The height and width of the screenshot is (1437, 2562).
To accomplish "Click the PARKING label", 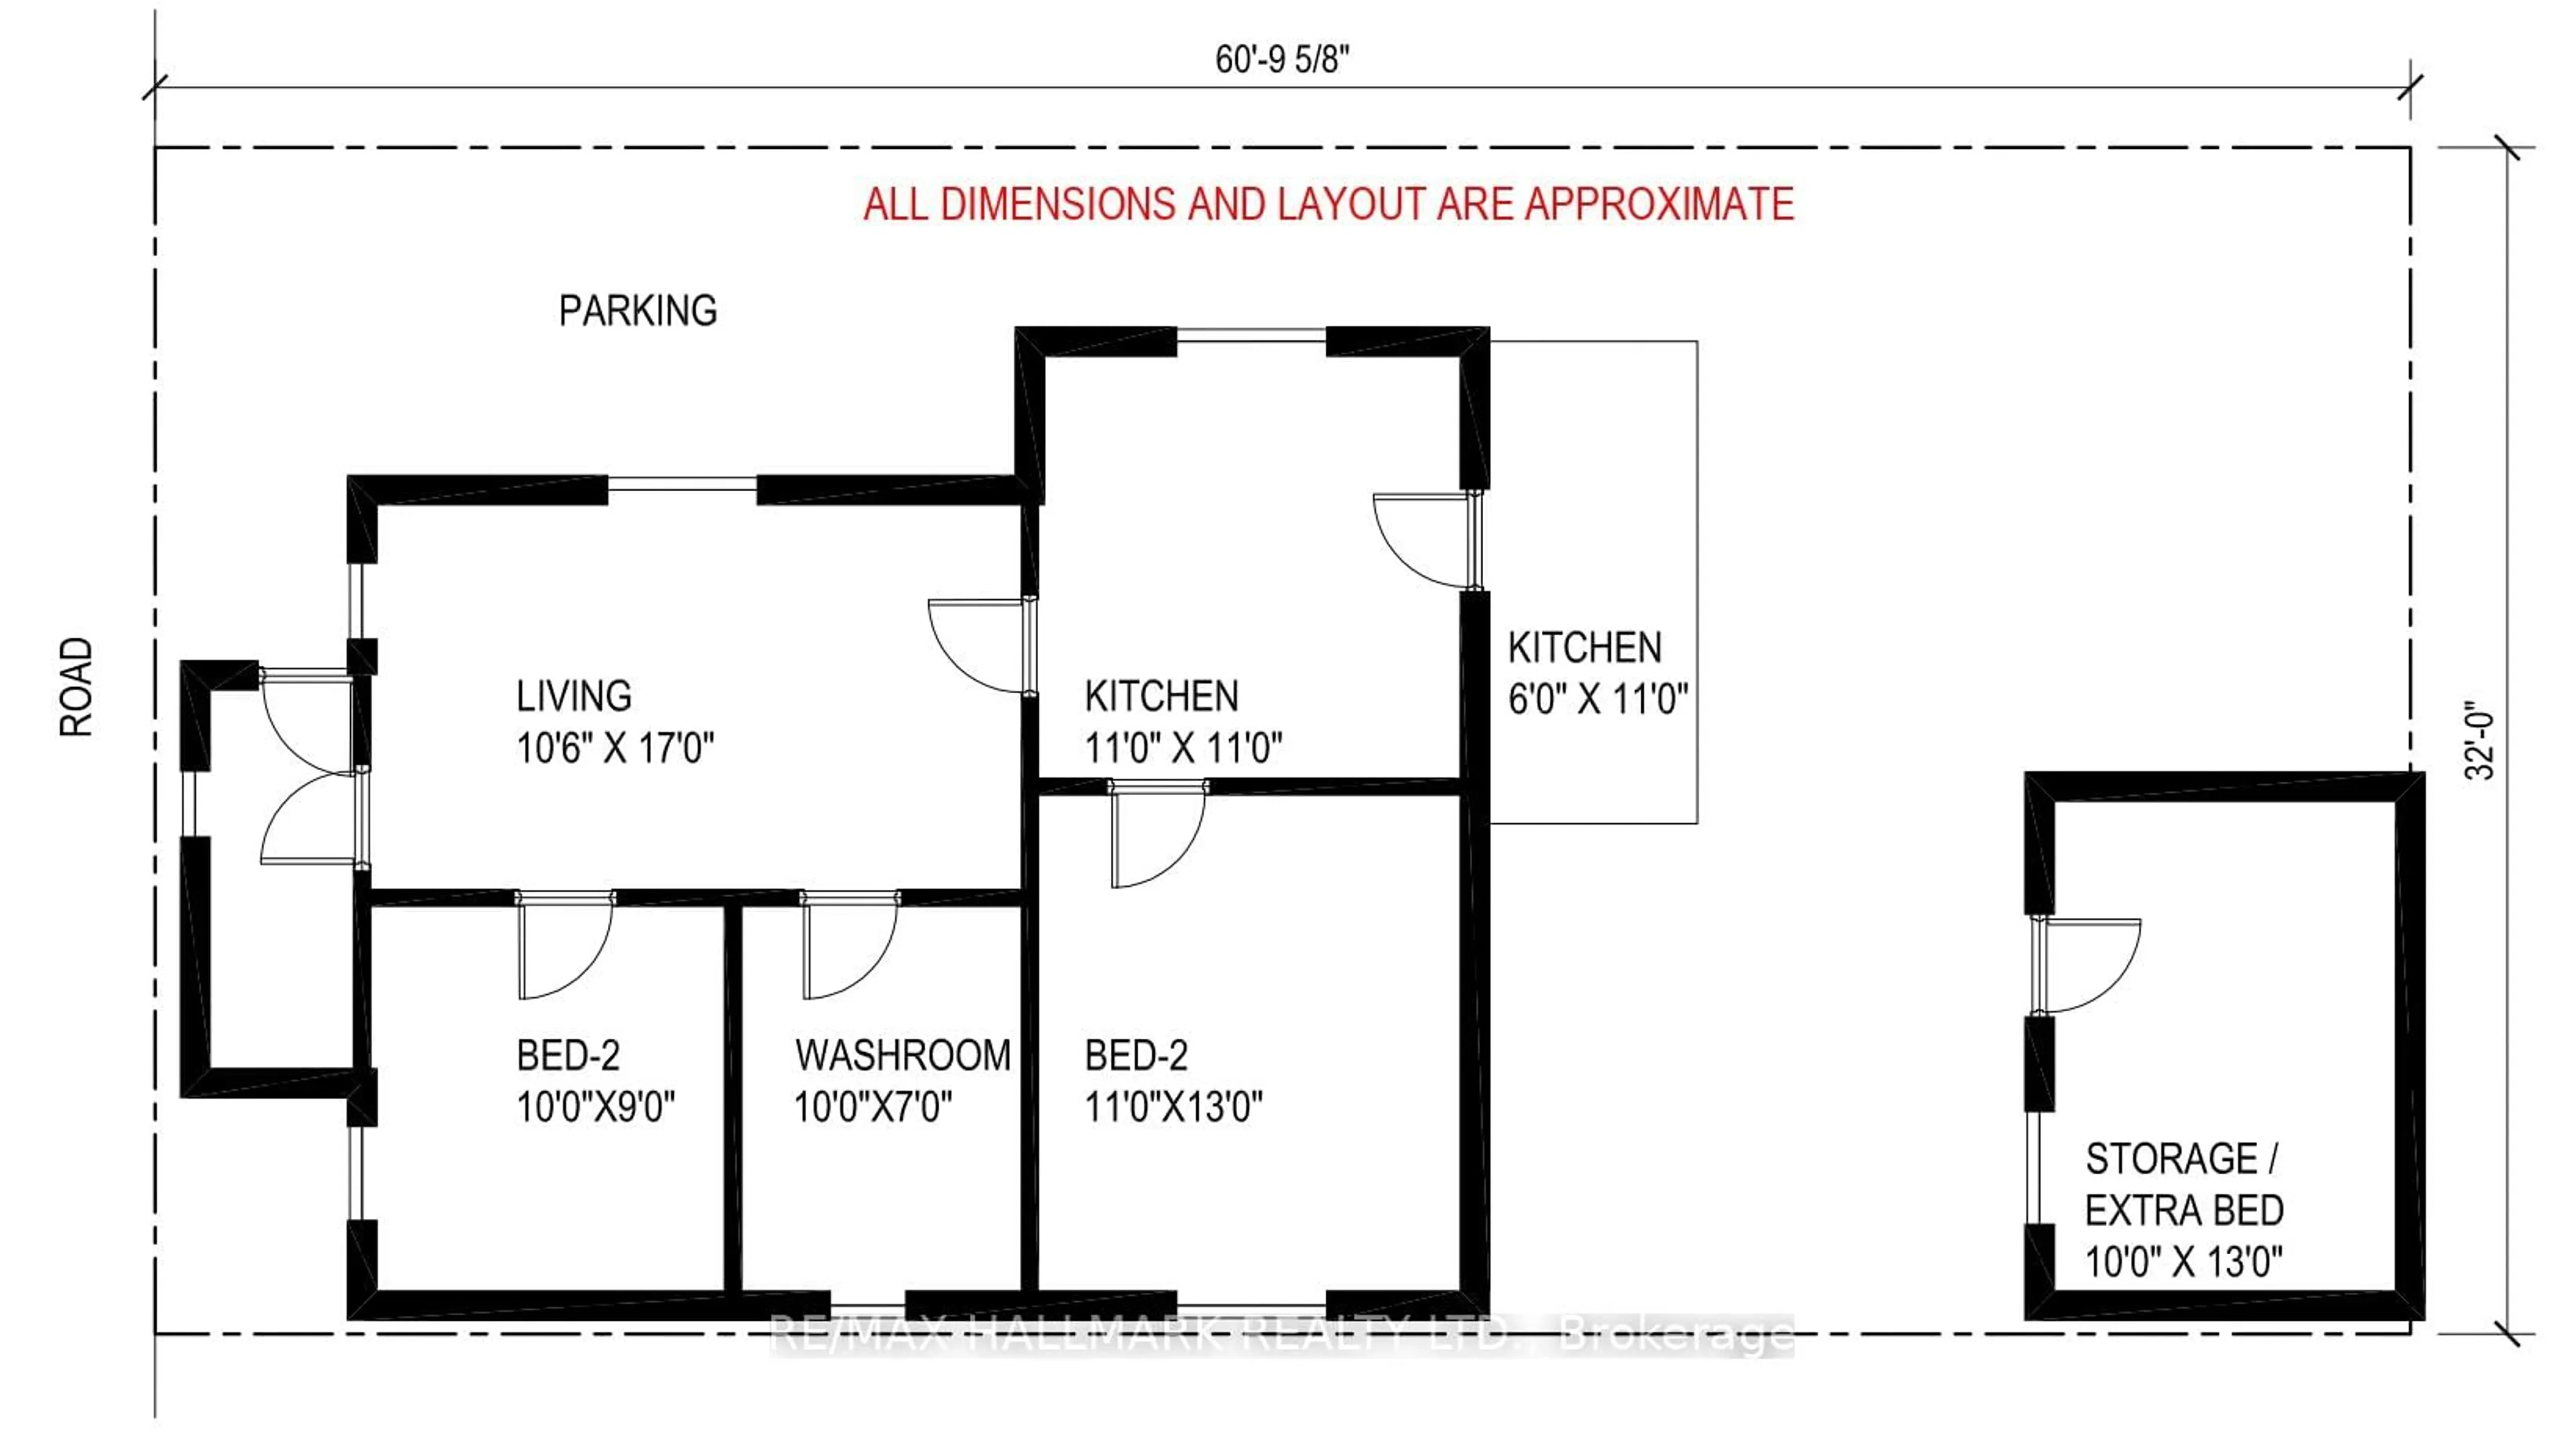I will [638, 312].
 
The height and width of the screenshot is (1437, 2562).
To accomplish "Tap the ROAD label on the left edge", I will [77, 686].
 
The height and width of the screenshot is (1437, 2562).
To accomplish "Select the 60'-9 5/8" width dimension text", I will [1281, 59].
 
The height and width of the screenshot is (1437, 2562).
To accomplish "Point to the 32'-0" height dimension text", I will [2481, 744].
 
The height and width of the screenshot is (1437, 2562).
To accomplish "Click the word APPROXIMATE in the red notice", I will [1659, 204].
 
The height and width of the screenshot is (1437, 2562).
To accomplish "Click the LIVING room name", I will [574, 696].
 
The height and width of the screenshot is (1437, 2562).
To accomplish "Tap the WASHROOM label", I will [902, 1055].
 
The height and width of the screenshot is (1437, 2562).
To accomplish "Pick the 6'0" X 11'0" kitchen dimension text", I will [1597, 699].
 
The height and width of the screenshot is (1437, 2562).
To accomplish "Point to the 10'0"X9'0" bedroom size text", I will [594, 1107].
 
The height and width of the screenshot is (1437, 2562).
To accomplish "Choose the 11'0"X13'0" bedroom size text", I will [1173, 1107].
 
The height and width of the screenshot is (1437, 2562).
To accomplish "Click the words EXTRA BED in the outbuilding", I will [2184, 1210].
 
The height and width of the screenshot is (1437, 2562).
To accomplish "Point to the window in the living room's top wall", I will [683, 484].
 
